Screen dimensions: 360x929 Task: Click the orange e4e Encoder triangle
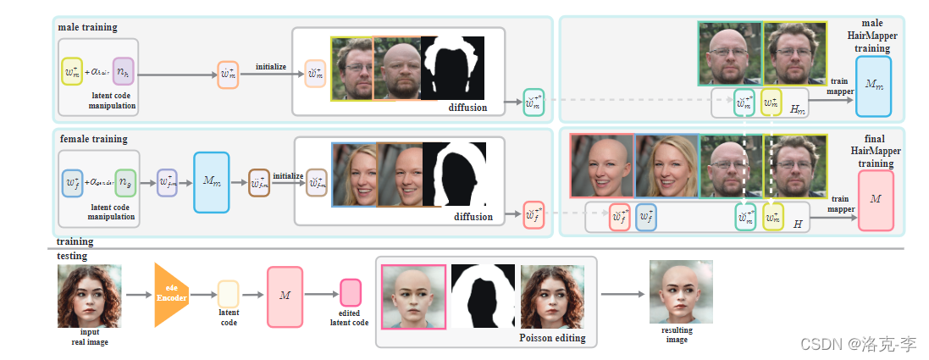[169, 295]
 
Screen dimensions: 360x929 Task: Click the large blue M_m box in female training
[211, 182]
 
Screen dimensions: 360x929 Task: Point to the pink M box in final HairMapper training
[876, 201]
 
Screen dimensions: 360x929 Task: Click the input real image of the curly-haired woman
[89, 296]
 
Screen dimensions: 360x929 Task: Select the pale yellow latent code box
[229, 294]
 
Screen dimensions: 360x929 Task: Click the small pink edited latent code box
[350, 293]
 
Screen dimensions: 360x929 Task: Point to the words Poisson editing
[551, 338]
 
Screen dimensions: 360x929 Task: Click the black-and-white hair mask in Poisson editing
[483, 296]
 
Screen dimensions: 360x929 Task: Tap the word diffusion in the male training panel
[468, 108]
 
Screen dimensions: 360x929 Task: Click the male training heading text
[87, 27]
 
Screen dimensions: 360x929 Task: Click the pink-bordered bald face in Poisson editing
[413, 296]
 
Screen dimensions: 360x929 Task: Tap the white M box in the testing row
[285, 296]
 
